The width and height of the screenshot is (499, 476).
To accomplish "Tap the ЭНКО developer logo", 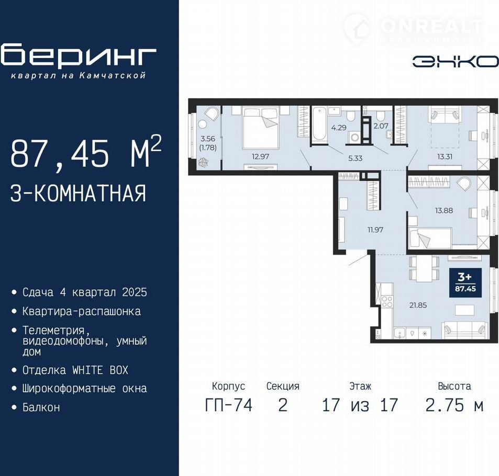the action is pyautogui.click(x=456, y=62).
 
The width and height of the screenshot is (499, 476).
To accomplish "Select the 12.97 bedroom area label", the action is pyautogui.click(x=260, y=156).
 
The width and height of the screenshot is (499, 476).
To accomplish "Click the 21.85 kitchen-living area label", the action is pyautogui.click(x=418, y=305).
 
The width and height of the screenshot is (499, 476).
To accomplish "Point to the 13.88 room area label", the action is pyautogui.click(x=444, y=210).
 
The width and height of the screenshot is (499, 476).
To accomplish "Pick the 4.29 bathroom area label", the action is pyautogui.click(x=339, y=128).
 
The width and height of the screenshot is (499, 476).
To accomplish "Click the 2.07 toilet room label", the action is pyautogui.click(x=381, y=126).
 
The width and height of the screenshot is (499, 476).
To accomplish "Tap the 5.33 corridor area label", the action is pyautogui.click(x=355, y=158).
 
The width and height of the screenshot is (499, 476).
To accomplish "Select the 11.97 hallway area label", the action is pyautogui.click(x=375, y=230).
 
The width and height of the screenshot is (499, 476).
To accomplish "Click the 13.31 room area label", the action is pyautogui.click(x=445, y=156).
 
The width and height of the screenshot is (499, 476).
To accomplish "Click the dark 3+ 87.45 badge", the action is pyautogui.click(x=465, y=282).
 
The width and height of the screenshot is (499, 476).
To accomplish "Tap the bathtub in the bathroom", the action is pyautogui.click(x=319, y=124).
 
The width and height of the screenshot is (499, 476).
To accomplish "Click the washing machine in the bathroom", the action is pyautogui.click(x=354, y=138).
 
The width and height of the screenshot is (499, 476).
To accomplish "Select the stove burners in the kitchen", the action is pyautogui.click(x=387, y=301).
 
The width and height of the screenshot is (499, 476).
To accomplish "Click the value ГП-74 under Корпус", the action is pyautogui.click(x=228, y=405).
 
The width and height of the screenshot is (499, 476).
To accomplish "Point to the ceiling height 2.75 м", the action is pyautogui.click(x=454, y=405).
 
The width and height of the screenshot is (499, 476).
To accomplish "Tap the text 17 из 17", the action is pyautogui.click(x=360, y=405).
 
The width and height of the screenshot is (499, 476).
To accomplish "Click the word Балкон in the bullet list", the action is pyautogui.click(x=41, y=407).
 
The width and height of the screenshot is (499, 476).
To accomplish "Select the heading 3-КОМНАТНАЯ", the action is pyautogui.click(x=79, y=194).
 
